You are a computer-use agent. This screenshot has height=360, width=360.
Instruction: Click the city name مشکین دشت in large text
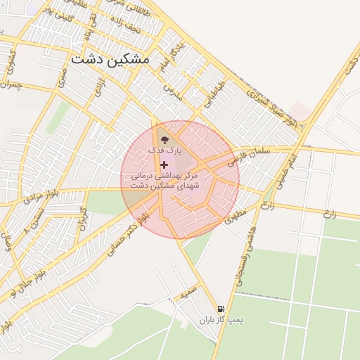click(110, 59)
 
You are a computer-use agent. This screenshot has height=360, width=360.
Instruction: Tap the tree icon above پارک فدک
click(165, 139)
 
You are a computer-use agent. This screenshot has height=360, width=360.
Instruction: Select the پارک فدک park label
click(165, 151)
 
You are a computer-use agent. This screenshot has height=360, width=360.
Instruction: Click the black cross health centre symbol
click(165, 165)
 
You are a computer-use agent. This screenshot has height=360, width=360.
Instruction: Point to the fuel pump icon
click(221, 309)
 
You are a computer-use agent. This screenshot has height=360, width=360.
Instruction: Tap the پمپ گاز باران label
click(221, 321)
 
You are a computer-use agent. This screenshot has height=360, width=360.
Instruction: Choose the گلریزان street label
click(82, 219)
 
